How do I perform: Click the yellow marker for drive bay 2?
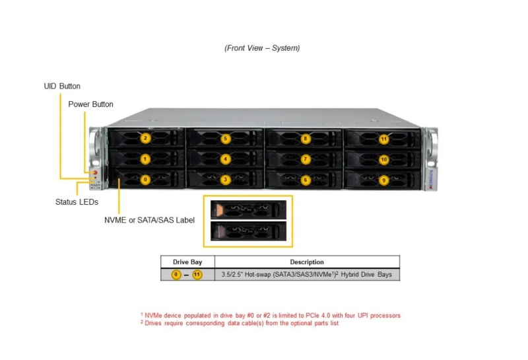coord(145,138)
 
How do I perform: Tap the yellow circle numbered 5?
coord(226,139)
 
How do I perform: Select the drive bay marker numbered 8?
coord(306,139)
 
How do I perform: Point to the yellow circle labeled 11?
coord(384,139)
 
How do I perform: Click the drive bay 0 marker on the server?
coord(145,180)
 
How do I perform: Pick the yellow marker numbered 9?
coord(384,180)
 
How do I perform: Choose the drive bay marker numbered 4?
coord(226,159)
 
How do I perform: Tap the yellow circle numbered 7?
coord(306,159)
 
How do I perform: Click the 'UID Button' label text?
coord(62,87)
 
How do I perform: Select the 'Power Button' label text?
coord(90,104)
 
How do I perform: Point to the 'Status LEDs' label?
coord(77,202)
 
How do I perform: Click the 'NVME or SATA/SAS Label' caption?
coord(150,220)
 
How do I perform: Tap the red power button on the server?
coord(95,172)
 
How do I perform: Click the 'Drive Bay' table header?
coord(187,262)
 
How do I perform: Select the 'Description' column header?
coord(307,262)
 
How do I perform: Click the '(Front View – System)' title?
coord(262,48)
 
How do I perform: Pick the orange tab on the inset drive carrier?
coord(220,209)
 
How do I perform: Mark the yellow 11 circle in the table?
coord(197,275)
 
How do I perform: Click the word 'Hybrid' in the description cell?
coord(350,275)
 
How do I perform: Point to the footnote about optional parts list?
coord(240,323)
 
